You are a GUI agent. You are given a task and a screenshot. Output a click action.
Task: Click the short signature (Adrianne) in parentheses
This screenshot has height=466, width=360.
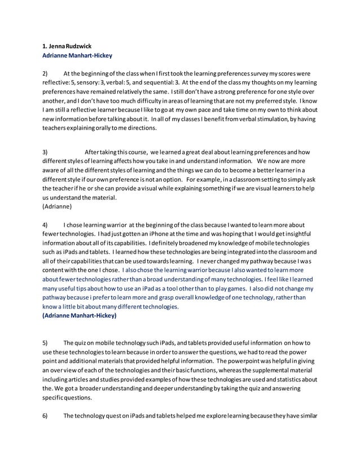(59, 206)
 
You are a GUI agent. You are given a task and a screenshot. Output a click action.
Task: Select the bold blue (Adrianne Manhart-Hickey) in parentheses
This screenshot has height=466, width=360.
(80, 316)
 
